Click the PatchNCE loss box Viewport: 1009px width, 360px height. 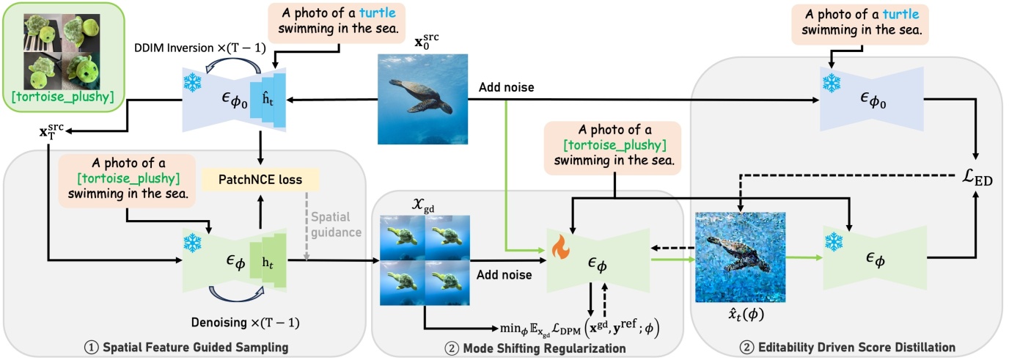point(260,180)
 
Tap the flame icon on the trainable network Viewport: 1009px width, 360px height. point(561,246)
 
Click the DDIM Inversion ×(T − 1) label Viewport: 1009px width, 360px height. point(200,48)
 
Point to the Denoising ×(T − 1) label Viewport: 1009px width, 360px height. point(246,323)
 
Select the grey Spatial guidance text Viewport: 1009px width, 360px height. point(336,224)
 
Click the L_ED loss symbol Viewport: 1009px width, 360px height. point(977,177)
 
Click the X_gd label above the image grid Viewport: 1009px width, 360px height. point(423,205)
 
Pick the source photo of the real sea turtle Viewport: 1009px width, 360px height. point(422,99)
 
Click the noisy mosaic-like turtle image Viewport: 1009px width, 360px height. point(741,257)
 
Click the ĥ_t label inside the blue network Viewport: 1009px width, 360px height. point(268,99)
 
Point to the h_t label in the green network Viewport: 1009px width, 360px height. point(268,262)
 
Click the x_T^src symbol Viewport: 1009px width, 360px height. point(51,131)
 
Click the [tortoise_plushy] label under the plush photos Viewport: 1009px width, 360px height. point(62,97)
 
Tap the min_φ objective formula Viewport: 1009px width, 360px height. point(580,328)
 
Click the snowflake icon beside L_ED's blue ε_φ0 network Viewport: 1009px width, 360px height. point(831,84)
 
